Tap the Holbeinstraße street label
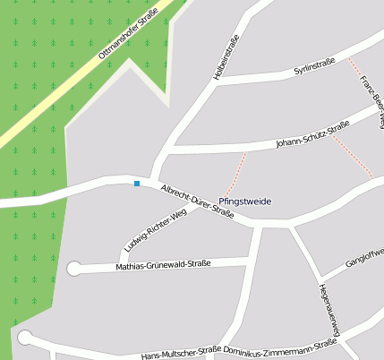click(x=226, y=58)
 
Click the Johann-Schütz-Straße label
click(x=312, y=135)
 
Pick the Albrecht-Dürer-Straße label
click(x=197, y=201)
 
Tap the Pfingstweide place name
click(x=244, y=201)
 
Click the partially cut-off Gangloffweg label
click(x=363, y=260)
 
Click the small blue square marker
click(x=137, y=184)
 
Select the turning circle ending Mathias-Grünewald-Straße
click(x=74, y=268)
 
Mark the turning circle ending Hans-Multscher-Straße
click(x=25, y=338)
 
